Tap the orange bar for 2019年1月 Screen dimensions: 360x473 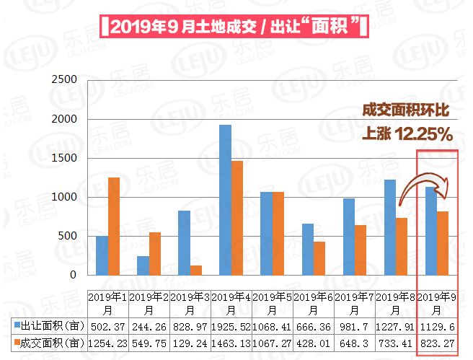point(114,226)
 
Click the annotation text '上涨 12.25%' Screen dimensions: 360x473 point(407,134)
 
